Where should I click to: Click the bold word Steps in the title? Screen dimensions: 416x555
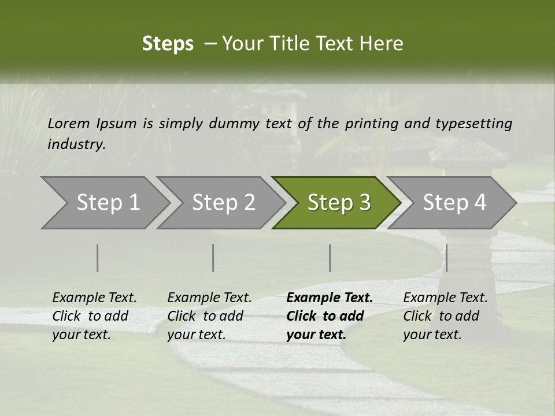pyautogui.click(x=168, y=44)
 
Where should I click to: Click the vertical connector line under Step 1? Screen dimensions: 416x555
pyautogui.click(x=98, y=258)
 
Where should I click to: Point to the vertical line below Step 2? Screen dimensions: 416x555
pyautogui.click(x=213, y=258)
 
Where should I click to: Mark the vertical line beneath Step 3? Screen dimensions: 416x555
pyautogui.click(x=330, y=258)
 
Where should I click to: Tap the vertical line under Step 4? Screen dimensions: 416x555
pyautogui.click(x=446, y=258)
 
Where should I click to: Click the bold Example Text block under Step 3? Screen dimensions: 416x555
pyautogui.click(x=330, y=316)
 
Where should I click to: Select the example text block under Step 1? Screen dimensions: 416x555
pyautogui.click(x=94, y=316)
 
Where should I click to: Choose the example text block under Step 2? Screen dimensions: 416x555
pyautogui.click(x=209, y=316)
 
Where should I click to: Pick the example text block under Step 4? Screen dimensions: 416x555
pyautogui.click(x=445, y=316)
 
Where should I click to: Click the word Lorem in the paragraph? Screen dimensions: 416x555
pyautogui.click(x=69, y=123)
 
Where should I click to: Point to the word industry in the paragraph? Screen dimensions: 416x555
pyautogui.click(x=76, y=144)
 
